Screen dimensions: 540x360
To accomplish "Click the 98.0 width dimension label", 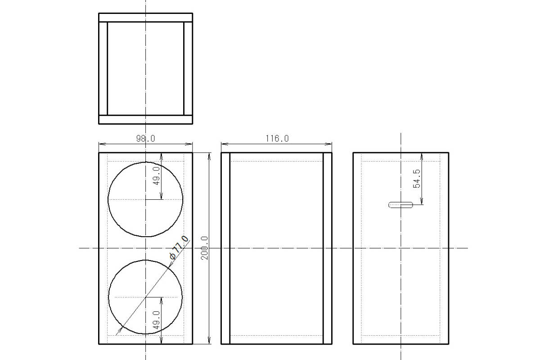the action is click(x=146, y=139).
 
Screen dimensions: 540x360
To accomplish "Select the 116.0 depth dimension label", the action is click(x=277, y=139).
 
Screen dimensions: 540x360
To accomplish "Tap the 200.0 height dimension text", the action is click(x=204, y=248).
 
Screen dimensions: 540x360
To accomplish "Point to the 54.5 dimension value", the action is click(x=416, y=179).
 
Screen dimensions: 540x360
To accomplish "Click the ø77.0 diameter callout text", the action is click(x=179, y=247).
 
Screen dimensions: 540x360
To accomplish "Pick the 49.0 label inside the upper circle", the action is click(x=157, y=176).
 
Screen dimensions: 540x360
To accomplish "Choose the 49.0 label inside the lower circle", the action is click(x=157, y=320).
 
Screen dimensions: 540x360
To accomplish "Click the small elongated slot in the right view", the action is click(x=400, y=205).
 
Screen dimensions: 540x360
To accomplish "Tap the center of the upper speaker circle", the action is click(x=146, y=199).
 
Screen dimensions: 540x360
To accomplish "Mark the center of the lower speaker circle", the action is click(x=146, y=297).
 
